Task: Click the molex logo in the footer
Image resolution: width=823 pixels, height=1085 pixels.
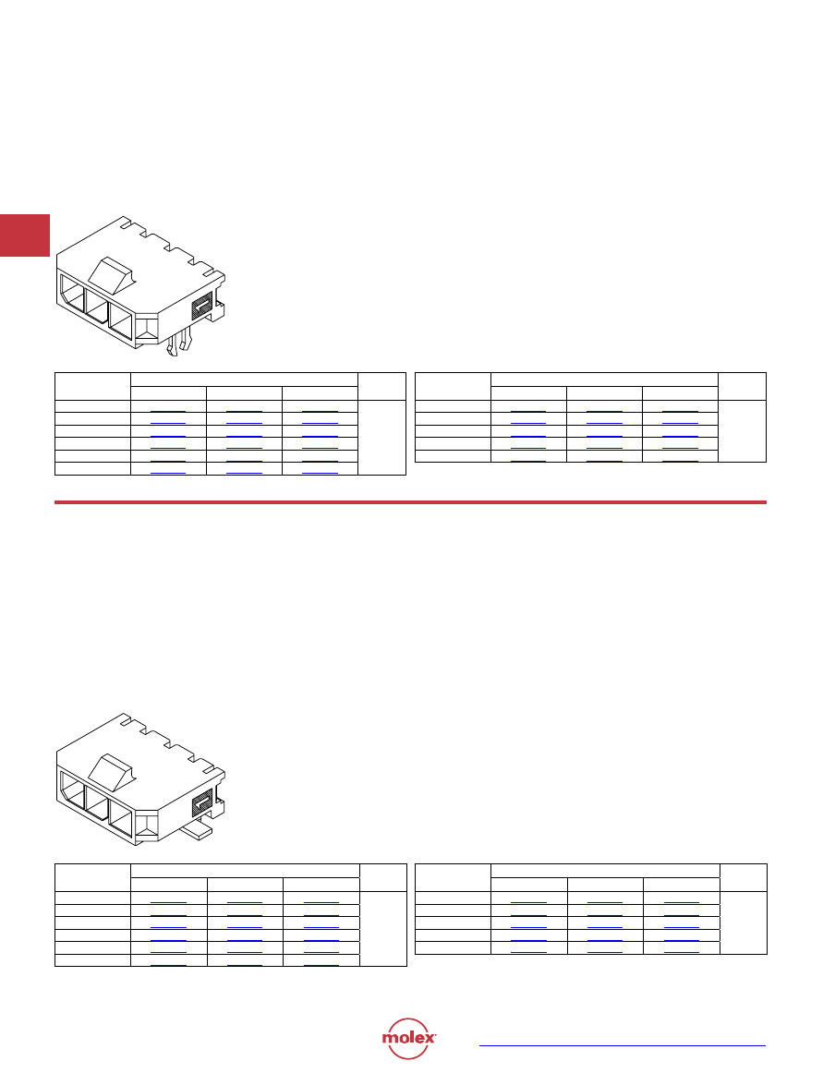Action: [x=408, y=1038]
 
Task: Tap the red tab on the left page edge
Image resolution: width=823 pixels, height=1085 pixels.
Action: [x=25, y=235]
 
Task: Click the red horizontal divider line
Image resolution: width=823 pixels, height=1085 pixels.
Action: [x=410, y=501]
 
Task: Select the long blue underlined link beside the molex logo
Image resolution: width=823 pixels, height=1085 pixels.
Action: [x=623, y=1045]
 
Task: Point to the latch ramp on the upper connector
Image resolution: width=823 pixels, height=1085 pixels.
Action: [x=112, y=274]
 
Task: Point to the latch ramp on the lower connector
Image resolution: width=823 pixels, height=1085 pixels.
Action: [x=112, y=772]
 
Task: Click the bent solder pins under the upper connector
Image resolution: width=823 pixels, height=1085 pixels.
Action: [x=178, y=344]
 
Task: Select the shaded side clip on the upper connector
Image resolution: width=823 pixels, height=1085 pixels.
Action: [x=201, y=305]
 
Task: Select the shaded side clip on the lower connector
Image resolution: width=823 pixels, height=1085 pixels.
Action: [x=201, y=803]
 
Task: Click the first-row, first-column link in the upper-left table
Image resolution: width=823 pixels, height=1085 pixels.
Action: [x=168, y=412]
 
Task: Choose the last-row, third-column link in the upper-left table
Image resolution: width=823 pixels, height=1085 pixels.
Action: [x=320, y=474]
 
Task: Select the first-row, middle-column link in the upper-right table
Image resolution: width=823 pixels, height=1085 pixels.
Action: [x=604, y=412]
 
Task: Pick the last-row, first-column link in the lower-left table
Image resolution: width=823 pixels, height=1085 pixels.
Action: [x=168, y=965]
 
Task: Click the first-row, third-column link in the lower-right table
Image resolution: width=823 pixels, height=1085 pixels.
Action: [x=681, y=903]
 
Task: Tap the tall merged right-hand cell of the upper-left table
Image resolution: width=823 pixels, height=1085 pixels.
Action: [x=382, y=438]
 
